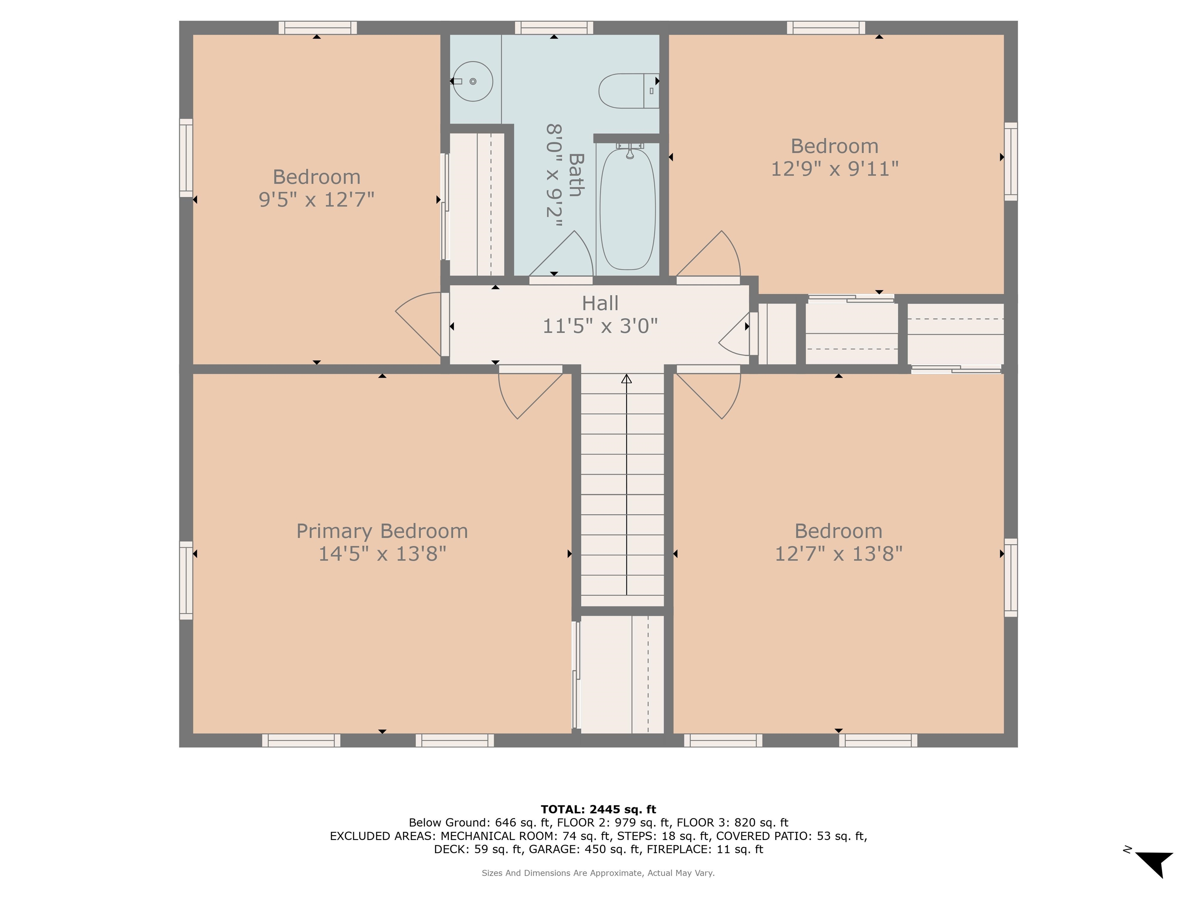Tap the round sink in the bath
(x=472, y=81)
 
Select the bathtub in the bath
(x=628, y=209)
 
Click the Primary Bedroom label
(x=381, y=531)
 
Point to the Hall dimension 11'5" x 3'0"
(x=600, y=326)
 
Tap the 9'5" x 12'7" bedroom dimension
(x=316, y=200)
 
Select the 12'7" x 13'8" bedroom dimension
(x=838, y=554)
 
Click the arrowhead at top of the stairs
(x=626, y=378)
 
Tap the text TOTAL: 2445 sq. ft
(x=598, y=809)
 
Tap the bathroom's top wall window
(x=554, y=28)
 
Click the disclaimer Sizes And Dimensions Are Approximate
(x=598, y=873)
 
